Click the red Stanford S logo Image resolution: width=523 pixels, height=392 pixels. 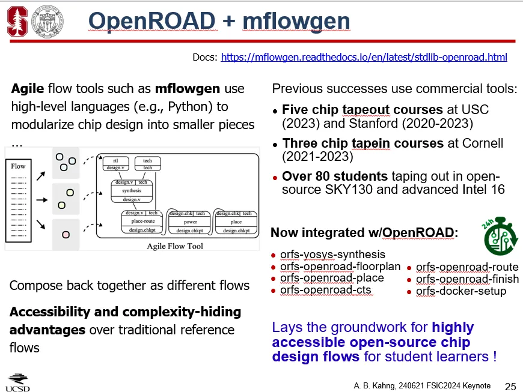tap(17, 22)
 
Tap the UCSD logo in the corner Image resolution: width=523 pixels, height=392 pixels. tap(17, 382)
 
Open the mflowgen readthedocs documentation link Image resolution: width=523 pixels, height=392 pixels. tap(364, 58)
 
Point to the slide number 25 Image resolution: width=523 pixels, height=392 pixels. tap(510, 385)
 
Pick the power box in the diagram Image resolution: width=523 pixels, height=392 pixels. tap(191, 222)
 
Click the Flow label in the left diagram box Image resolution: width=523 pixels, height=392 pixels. tap(19, 166)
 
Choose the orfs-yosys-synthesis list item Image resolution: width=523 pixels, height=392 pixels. tap(332, 255)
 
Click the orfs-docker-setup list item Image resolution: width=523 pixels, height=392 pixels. tap(460, 291)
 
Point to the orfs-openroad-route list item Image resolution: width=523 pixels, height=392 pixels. tap(466, 267)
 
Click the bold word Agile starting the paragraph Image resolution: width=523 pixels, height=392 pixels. tap(28, 89)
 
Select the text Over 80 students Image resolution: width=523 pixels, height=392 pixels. tap(335, 177)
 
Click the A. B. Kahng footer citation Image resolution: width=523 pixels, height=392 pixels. tap(421, 385)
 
